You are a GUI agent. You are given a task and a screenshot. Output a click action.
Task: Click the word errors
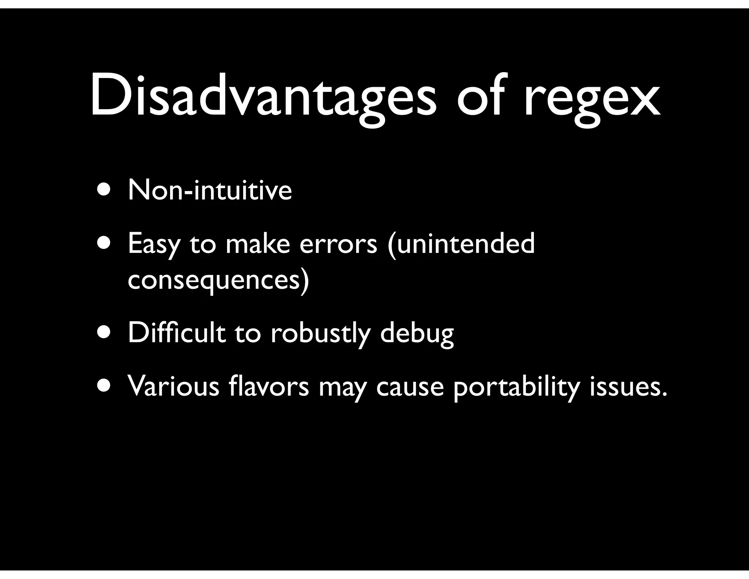tap(338, 244)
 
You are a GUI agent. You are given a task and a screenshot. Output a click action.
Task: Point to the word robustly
tap(320, 334)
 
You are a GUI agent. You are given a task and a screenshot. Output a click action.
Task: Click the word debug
tap(417, 334)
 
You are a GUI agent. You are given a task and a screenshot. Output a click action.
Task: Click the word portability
tap(516, 387)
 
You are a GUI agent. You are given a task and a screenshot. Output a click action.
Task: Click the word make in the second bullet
tap(257, 244)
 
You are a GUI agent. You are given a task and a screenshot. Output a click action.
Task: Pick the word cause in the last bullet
tap(410, 387)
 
